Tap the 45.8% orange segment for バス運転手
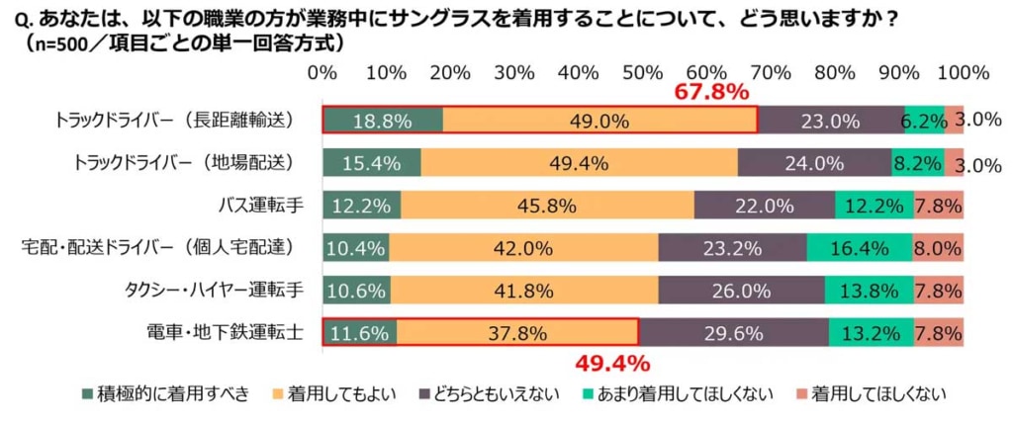pos(547,206)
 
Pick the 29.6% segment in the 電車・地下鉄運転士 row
pos(732,333)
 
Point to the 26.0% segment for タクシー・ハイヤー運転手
pos(741,291)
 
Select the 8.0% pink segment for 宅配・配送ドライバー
pos(938,248)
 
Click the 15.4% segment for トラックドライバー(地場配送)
pos(372,163)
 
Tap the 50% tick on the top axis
pos(643,73)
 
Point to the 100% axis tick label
pos(963,73)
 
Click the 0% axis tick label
pos(322,73)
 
